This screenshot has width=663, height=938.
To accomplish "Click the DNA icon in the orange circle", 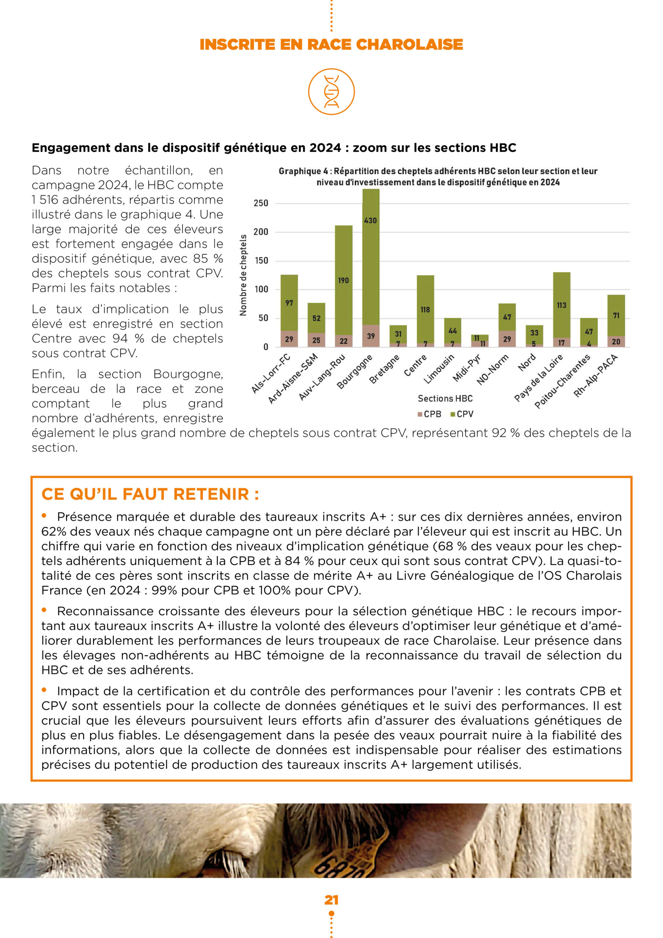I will (331, 92).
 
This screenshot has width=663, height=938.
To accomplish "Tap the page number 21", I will (331, 900).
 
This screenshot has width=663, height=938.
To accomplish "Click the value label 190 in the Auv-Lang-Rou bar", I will (343, 280).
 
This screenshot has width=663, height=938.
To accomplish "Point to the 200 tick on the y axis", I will (261, 232).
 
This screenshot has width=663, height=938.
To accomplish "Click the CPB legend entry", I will (429, 414).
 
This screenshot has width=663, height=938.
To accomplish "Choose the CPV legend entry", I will (462, 414).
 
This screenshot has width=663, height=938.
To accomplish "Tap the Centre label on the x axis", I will (415, 365).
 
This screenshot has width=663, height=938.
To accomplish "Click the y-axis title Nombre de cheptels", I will (244, 275).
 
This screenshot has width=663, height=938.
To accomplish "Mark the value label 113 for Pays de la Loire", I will (561, 305).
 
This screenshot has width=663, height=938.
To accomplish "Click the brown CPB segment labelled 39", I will (371, 336).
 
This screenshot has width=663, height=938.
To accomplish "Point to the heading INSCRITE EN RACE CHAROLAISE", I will (331, 44).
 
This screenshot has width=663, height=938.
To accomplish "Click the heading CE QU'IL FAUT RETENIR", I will (150, 494).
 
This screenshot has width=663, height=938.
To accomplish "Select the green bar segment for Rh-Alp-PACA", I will (616, 315).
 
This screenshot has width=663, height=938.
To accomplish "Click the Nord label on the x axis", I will (527, 363).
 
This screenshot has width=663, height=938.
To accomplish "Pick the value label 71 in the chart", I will (616, 315).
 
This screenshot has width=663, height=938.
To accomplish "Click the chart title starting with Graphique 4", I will (438, 177).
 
